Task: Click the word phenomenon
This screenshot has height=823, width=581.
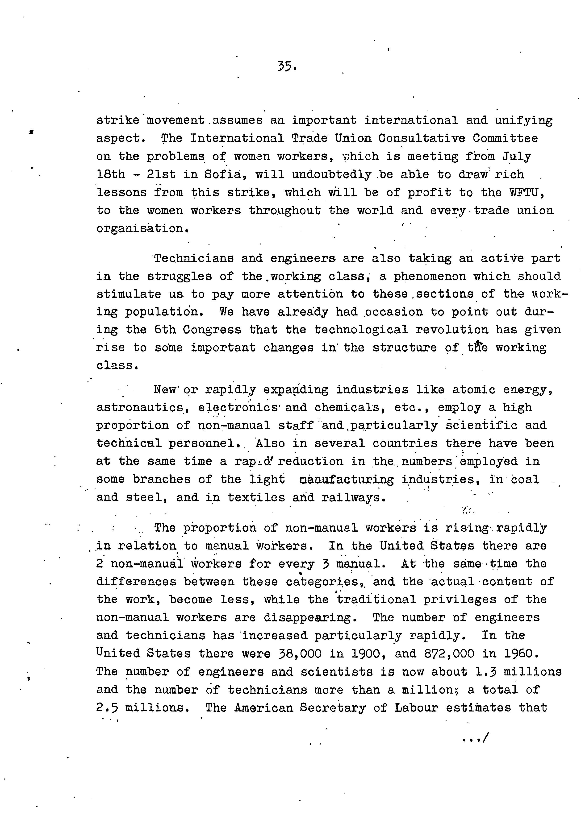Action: pos(430,276)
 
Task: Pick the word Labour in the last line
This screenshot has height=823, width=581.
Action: pos(416,708)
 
